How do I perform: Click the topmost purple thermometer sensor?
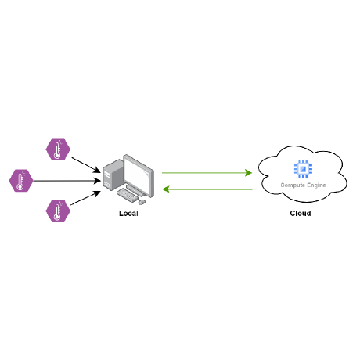point(56,149)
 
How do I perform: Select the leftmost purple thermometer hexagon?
point(22,180)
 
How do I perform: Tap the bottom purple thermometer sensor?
point(56,211)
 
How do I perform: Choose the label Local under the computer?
point(128,214)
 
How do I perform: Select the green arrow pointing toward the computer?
point(208,189)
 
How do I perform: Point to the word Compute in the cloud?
point(292,185)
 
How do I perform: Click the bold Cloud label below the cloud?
point(300,213)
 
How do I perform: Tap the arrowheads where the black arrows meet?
point(98,180)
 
